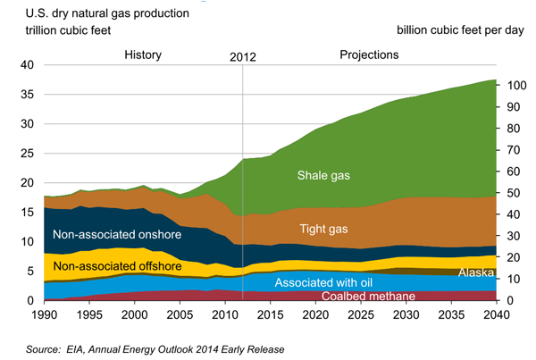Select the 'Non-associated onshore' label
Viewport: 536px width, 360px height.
point(117,236)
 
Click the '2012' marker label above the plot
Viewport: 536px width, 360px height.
point(243,56)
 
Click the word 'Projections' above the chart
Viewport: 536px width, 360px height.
point(369,55)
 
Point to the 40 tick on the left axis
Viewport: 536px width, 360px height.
point(28,65)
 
